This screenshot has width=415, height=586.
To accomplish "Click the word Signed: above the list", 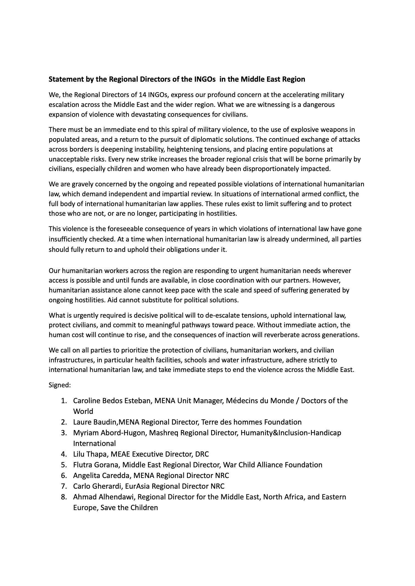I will (60, 385).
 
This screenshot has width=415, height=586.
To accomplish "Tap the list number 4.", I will (64, 454).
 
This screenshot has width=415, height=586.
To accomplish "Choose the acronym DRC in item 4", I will (202, 454).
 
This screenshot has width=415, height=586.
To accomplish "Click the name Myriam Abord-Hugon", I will (107, 433).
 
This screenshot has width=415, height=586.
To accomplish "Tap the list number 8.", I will (64, 497).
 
